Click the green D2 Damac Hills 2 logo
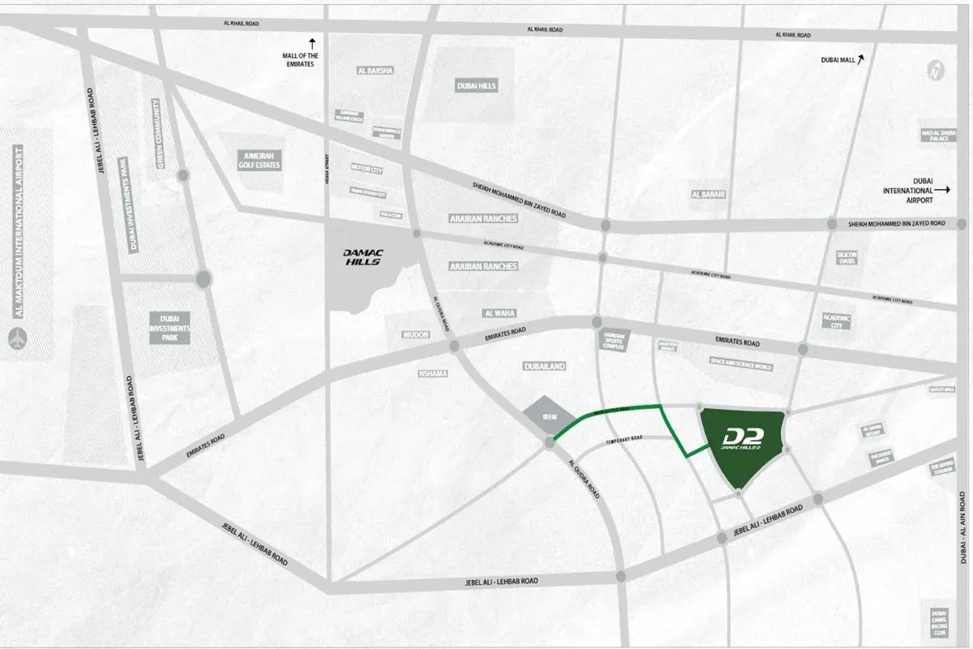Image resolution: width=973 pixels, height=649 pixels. [x=742, y=439]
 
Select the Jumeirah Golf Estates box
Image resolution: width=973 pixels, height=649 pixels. [x=259, y=159]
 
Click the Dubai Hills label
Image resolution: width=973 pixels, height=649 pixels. [x=476, y=86]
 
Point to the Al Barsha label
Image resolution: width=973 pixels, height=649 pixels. [x=375, y=71]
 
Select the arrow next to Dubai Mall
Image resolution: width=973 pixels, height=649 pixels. [x=863, y=59]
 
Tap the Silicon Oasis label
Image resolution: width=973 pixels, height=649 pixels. [x=847, y=258]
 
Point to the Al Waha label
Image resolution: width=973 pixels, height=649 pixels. [x=499, y=312]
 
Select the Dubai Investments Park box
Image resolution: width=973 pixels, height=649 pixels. [x=175, y=327]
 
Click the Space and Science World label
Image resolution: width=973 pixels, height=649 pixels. [x=741, y=367]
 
